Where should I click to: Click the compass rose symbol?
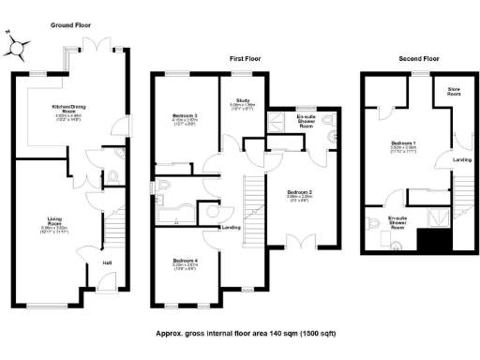17,43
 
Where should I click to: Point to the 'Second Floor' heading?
420,58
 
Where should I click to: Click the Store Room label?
454,93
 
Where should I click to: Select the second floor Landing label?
462,159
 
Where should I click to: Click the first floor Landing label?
232,228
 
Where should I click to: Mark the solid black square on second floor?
433,243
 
